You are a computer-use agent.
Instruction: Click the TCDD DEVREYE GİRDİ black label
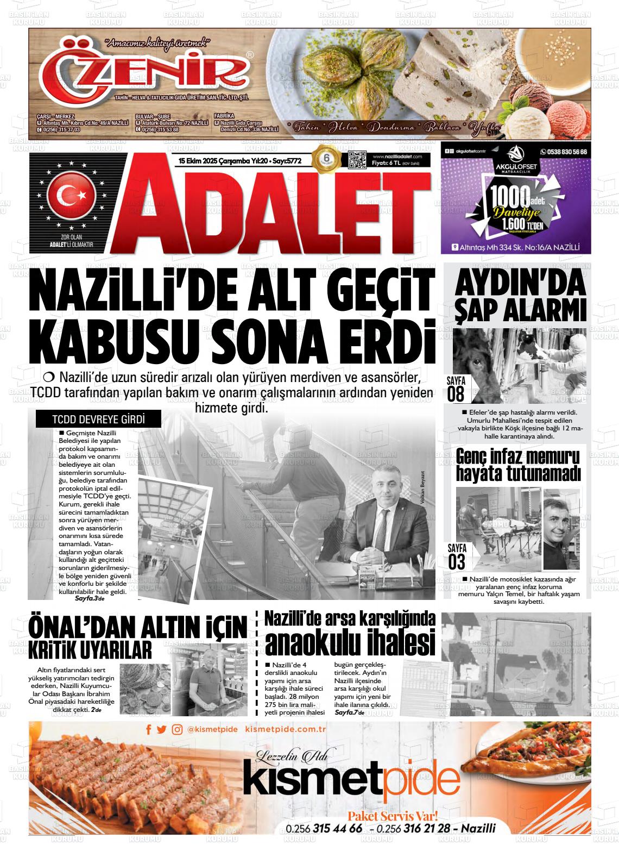click(x=91, y=420)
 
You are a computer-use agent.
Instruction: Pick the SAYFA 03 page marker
click(x=457, y=555)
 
